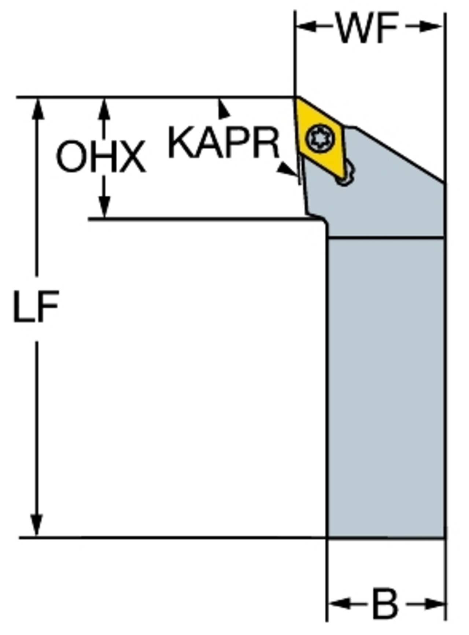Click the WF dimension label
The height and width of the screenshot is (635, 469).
pyautogui.click(x=368, y=28)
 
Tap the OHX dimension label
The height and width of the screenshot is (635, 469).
pyautogui.click(x=101, y=157)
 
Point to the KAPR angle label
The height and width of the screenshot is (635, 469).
pyautogui.click(x=224, y=143)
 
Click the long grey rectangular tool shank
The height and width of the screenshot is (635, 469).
pyautogui.click(x=386, y=388)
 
